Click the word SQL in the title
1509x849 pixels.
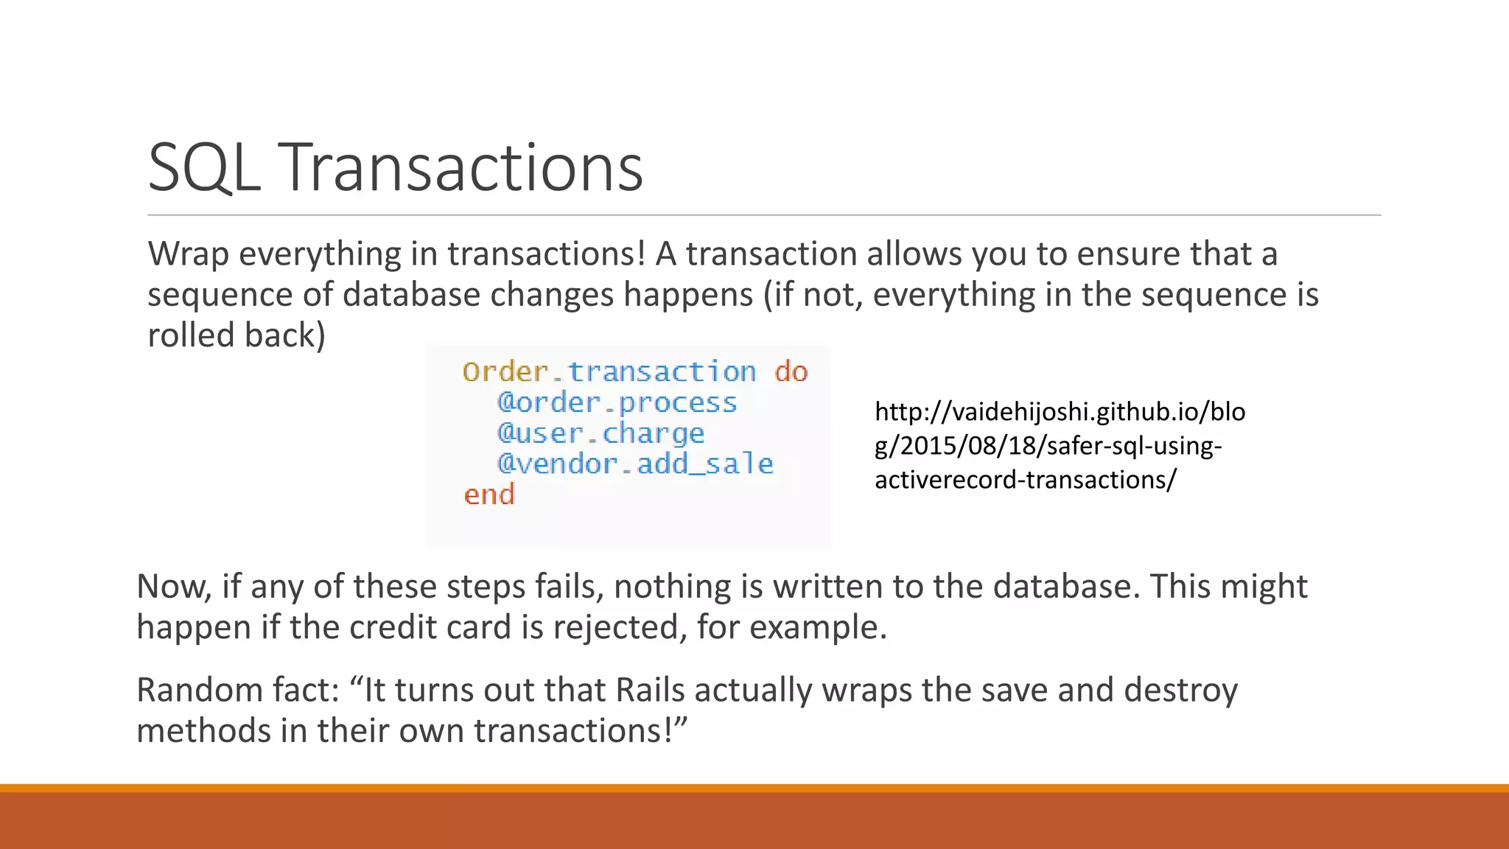coord(204,168)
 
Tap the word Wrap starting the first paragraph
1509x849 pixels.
coord(188,254)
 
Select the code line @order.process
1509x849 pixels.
coord(617,402)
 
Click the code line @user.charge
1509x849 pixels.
coord(601,433)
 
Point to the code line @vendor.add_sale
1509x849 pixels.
coord(635,464)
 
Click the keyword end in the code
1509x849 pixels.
coord(489,495)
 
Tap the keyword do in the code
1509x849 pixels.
coord(791,371)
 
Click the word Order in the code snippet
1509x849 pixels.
coord(505,371)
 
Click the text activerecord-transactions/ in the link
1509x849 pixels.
coord(1026,480)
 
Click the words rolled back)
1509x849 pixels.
coord(237,335)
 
